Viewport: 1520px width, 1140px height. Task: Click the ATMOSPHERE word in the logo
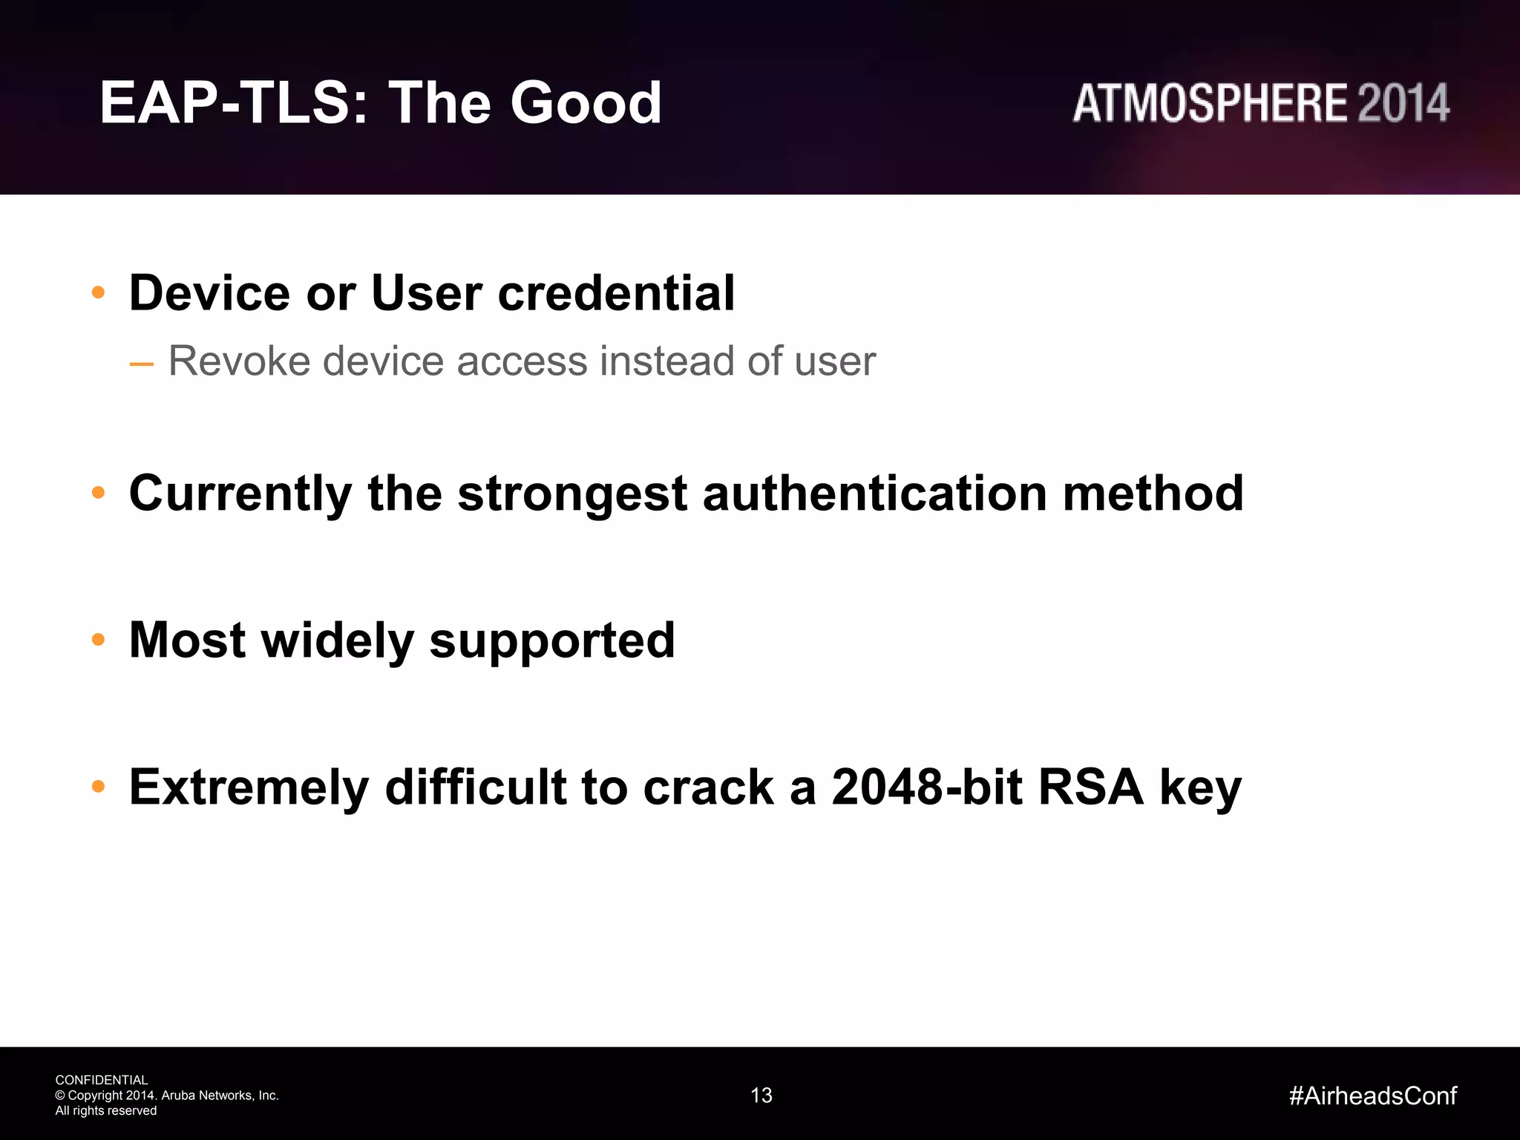1211,104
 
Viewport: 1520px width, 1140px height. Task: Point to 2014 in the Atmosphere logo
1403,104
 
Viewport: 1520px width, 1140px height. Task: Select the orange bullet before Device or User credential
98,293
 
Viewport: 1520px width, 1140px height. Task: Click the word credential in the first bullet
616,293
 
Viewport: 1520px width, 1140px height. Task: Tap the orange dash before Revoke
141,364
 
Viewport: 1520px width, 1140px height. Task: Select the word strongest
572,494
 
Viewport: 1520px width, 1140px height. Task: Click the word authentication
875,494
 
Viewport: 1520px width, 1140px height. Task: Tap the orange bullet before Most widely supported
98,640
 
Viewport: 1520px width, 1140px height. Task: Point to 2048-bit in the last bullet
927,787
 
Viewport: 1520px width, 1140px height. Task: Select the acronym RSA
1091,787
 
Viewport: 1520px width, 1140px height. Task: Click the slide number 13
761,1095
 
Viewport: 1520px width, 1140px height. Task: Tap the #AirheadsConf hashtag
1373,1095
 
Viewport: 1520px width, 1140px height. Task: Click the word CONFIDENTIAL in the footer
102,1080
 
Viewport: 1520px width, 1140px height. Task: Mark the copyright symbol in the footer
60,1095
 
